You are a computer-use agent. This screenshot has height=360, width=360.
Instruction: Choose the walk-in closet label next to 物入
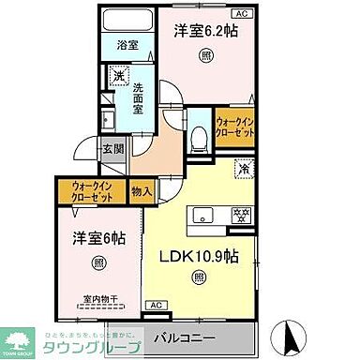[92, 191]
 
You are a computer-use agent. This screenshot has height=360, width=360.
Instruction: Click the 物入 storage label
[142, 191]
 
